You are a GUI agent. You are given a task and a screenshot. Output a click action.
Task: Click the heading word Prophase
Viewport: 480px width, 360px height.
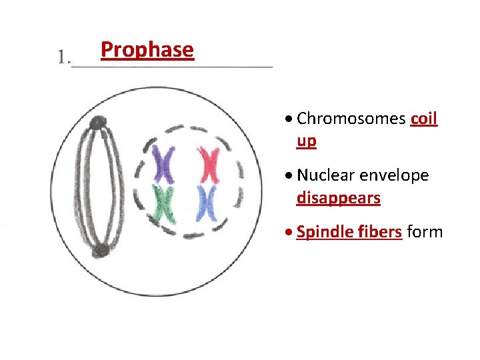tap(147, 50)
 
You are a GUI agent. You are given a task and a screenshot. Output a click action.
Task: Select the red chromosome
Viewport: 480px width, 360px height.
tap(209, 165)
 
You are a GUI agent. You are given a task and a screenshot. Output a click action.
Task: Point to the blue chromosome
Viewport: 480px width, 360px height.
tap(207, 203)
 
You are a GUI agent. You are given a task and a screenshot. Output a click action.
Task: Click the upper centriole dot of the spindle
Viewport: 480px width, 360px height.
tap(98, 123)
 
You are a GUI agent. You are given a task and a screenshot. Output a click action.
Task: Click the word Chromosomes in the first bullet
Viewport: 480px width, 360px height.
tap(351, 119)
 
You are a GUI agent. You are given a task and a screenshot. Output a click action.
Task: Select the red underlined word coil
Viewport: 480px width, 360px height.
tap(424, 119)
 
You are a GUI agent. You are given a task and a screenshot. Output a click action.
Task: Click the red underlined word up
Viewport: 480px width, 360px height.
tap(307, 141)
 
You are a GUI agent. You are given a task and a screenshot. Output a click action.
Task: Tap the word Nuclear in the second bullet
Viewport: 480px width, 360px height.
tap(326, 175)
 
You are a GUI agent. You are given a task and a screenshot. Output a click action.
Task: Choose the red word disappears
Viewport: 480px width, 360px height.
tap(338, 198)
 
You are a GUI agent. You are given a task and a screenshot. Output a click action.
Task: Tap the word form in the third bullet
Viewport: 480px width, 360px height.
tap(425, 232)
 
